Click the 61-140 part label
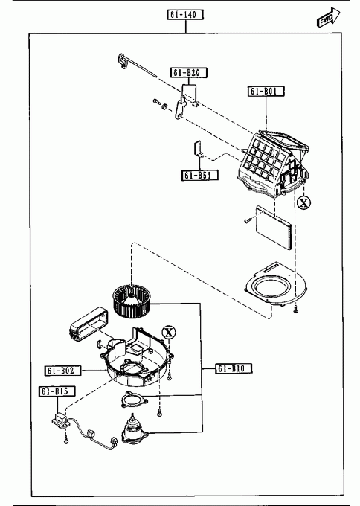(185, 15)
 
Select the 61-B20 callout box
(189, 73)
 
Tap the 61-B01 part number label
(266, 92)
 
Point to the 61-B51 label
(199, 175)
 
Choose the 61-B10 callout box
(234, 368)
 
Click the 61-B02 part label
(62, 371)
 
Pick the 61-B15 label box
(57, 391)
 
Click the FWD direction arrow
(328, 17)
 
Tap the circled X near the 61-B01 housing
(303, 202)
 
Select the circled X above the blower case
(169, 332)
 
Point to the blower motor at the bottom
(134, 429)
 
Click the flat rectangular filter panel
(274, 228)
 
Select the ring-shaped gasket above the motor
(134, 400)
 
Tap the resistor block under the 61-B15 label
(61, 420)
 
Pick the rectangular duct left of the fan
(89, 324)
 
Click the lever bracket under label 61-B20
(180, 107)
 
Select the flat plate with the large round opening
(276, 286)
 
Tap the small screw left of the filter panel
(248, 220)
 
